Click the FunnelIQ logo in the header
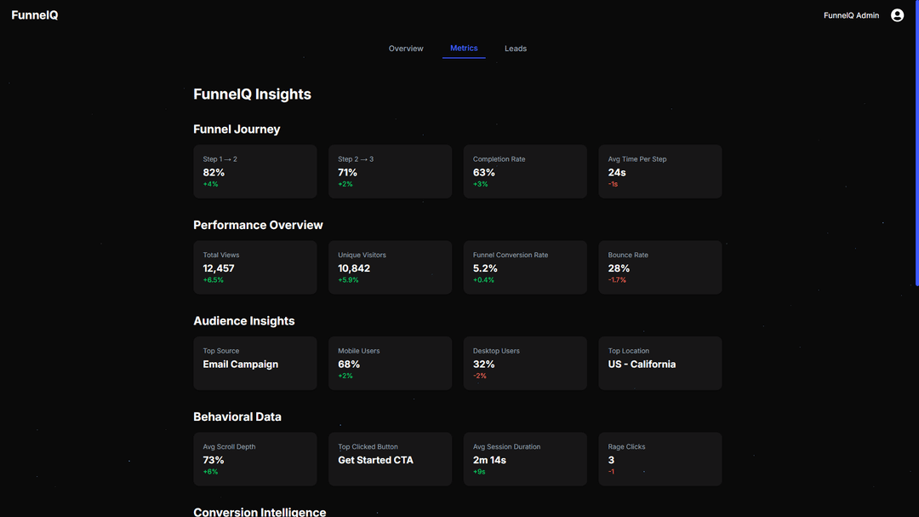35,15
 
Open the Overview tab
406,49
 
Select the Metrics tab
464,49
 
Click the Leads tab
516,49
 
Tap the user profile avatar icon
897,15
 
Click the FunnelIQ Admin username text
851,15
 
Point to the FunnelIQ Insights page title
252,95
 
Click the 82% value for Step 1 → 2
214,172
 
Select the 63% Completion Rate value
484,172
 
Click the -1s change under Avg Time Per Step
613,184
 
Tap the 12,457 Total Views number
219,268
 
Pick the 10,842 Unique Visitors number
354,268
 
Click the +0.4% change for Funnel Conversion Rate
483,280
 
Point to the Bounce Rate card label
628,255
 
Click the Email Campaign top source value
241,364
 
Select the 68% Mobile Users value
349,364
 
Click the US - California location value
642,364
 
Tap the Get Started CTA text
375,460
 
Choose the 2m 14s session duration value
489,460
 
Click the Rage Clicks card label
627,446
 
